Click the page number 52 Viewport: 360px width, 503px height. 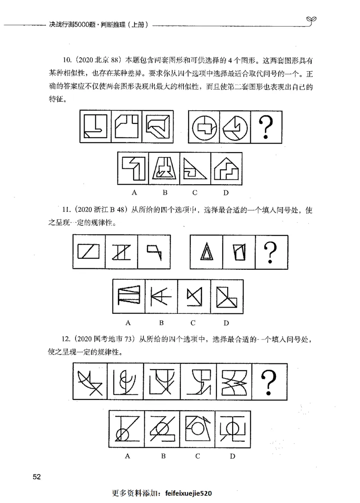(37, 477)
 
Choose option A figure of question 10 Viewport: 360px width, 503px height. (133, 169)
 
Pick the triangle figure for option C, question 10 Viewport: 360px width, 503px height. (195, 169)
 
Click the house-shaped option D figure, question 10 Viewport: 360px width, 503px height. (226, 169)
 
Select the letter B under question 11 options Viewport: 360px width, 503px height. (161, 322)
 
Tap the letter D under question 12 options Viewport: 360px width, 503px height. (233, 456)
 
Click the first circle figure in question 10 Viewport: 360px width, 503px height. (205, 127)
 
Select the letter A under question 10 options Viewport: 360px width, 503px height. (134, 193)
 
